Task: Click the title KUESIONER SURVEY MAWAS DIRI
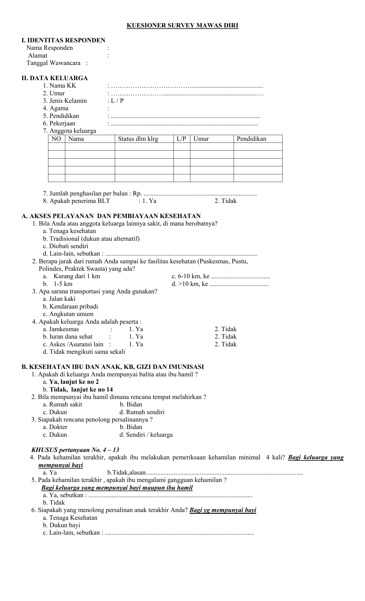pyautogui.click(x=182, y=26)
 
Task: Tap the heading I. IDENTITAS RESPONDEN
pyautogui.click(x=64, y=40)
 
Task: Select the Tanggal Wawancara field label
pyautogui.click(x=54, y=63)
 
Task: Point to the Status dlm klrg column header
pyautogui.click(x=138, y=139)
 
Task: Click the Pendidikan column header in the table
pyautogui.click(x=251, y=139)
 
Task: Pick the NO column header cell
pyautogui.click(x=56, y=139)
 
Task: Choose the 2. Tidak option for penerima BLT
pyautogui.click(x=226, y=201)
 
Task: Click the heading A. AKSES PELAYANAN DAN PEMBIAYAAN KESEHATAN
pyautogui.click(x=111, y=216)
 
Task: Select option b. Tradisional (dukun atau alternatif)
pyautogui.click(x=91, y=239)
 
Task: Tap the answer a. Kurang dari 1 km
pyautogui.click(x=72, y=276)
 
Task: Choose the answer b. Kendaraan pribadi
pyautogui.click(x=70, y=307)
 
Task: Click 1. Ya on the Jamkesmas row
pyautogui.click(x=136, y=329)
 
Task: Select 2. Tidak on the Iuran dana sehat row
pyautogui.click(x=226, y=337)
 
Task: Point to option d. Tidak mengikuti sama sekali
pyautogui.click(x=84, y=352)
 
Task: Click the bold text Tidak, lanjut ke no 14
pyautogui.click(x=81, y=390)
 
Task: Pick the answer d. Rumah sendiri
pyautogui.click(x=142, y=412)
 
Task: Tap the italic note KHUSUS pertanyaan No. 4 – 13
pyautogui.click(x=75, y=450)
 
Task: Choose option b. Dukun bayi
pyautogui.click(x=62, y=525)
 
